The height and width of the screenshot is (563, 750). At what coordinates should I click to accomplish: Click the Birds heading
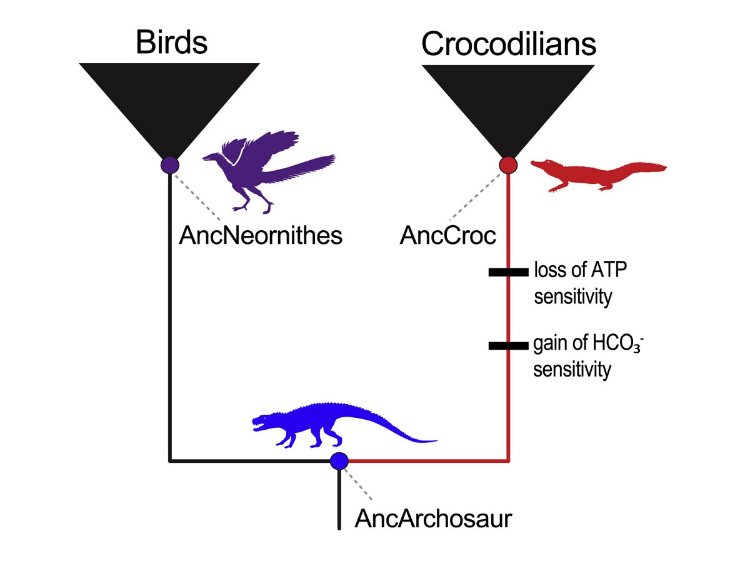click(171, 42)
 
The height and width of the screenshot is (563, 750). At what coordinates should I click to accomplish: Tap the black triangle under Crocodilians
click(508, 112)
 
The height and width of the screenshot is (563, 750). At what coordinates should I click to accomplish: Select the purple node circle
click(170, 165)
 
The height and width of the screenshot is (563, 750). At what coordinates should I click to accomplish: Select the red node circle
click(508, 165)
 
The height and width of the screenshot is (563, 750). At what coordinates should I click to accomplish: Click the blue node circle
click(339, 461)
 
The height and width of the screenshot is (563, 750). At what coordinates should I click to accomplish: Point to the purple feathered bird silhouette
click(269, 171)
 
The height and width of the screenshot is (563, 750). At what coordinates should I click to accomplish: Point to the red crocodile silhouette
click(599, 175)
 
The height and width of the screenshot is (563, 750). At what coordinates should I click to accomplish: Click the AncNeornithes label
click(261, 236)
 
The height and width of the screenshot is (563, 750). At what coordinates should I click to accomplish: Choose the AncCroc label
click(447, 236)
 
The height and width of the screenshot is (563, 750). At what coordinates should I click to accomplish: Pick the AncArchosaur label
click(433, 519)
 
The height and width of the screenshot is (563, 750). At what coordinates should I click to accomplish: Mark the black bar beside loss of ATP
click(508, 272)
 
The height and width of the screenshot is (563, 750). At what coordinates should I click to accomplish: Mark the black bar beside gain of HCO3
click(508, 346)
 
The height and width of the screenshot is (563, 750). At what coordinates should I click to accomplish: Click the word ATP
click(609, 270)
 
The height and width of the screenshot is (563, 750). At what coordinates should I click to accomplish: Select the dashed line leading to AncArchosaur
click(357, 484)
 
